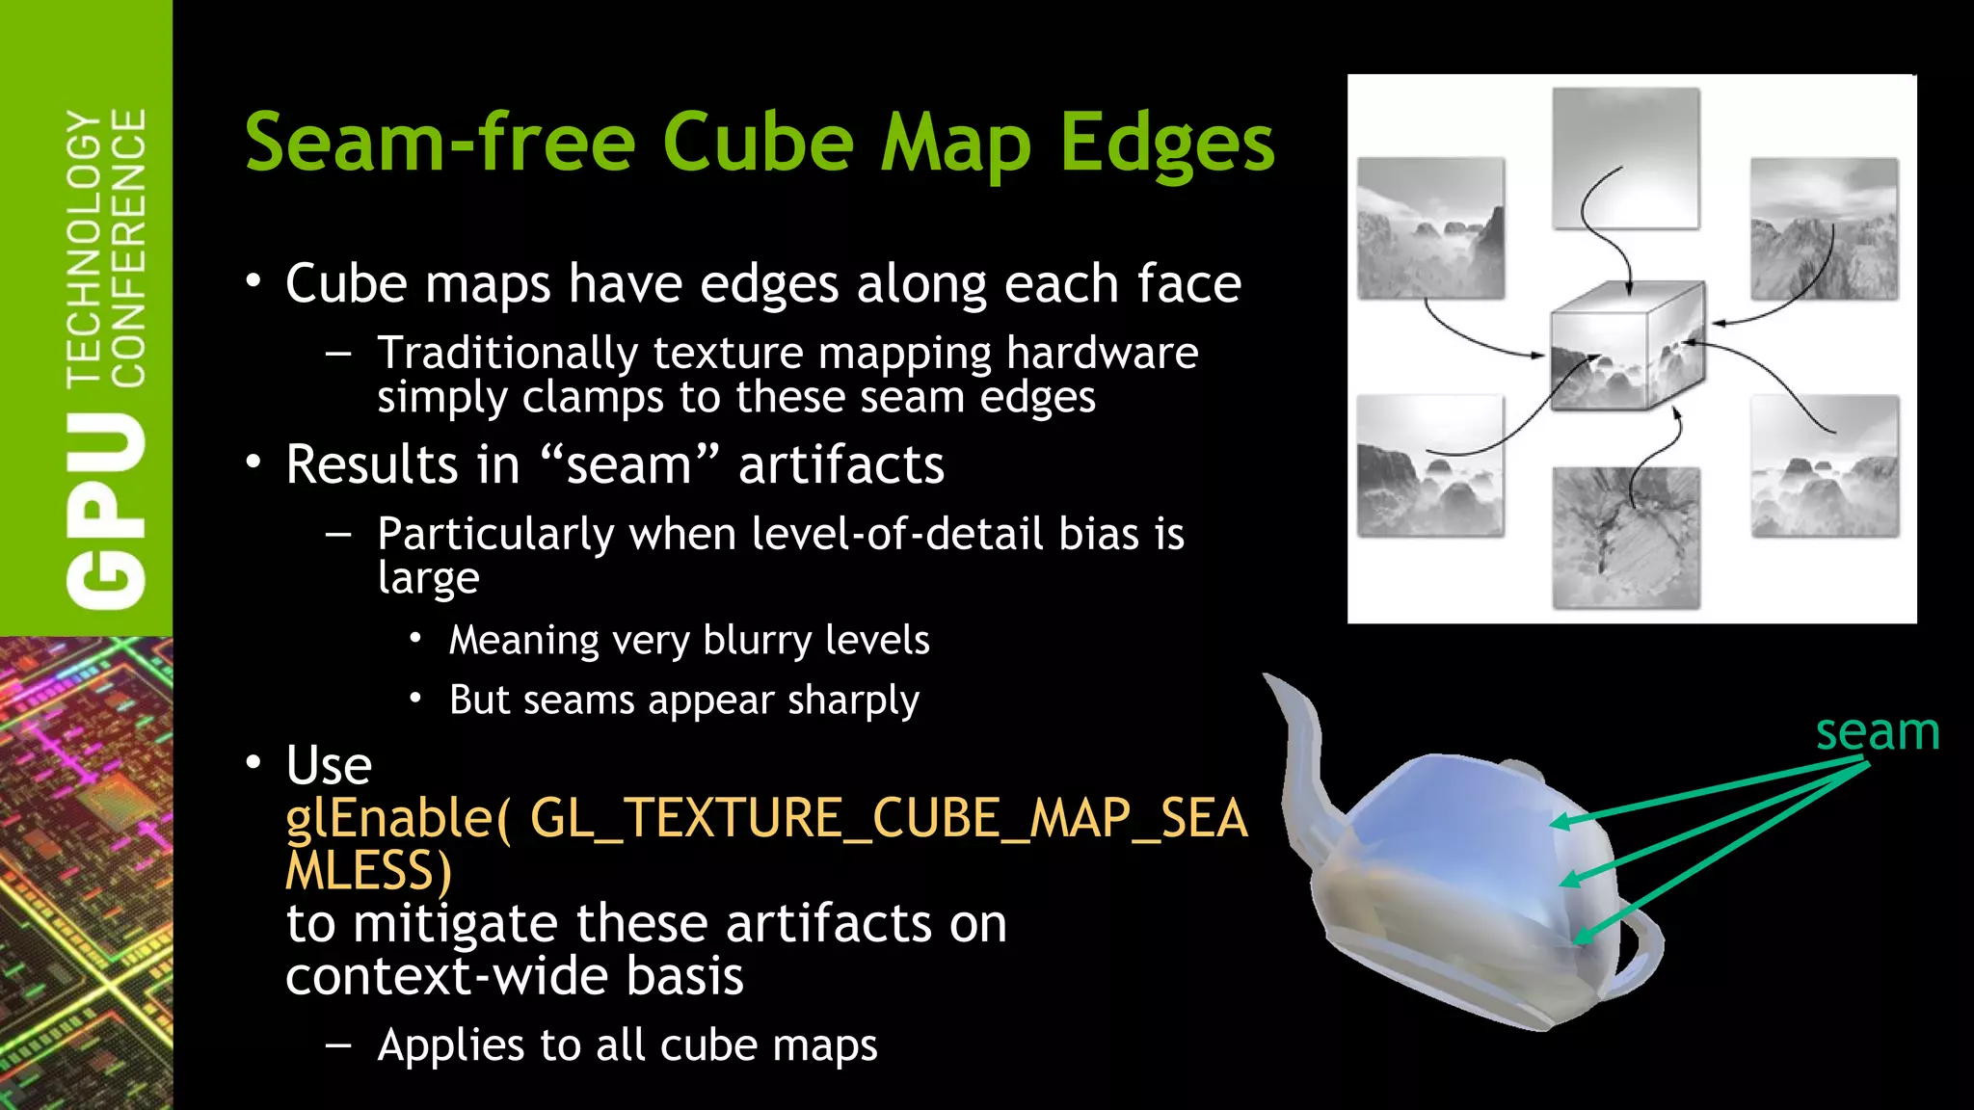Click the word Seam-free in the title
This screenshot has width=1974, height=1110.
[440, 143]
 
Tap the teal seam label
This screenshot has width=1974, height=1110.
[1877, 732]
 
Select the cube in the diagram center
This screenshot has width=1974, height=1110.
[1627, 347]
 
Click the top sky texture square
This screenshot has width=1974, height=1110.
[1626, 158]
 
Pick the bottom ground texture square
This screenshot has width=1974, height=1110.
[1626, 538]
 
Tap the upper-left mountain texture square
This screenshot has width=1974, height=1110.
[1430, 228]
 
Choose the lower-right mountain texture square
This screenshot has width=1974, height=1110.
[1825, 465]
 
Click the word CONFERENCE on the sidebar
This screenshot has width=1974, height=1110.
[128, 247]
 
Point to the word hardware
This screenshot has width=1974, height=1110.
[1102, 353]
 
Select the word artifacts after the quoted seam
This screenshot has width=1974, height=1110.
[840, 464]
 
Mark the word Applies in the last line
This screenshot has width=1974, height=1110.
[450, 1045]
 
